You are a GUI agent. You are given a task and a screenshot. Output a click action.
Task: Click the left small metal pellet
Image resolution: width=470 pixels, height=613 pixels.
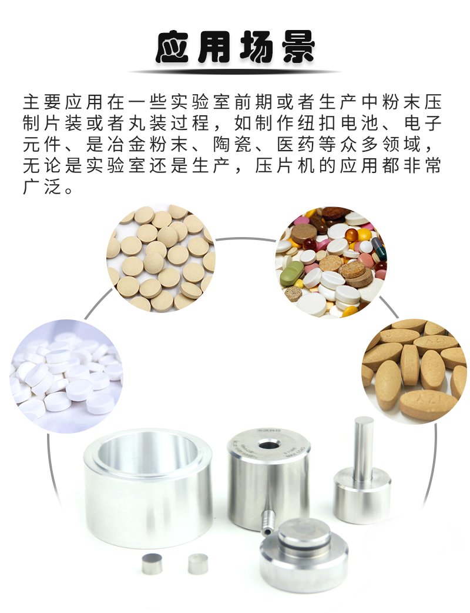tap(152, 564)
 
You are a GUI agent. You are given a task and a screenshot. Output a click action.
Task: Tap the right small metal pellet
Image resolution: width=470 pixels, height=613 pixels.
tap(198, 564)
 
